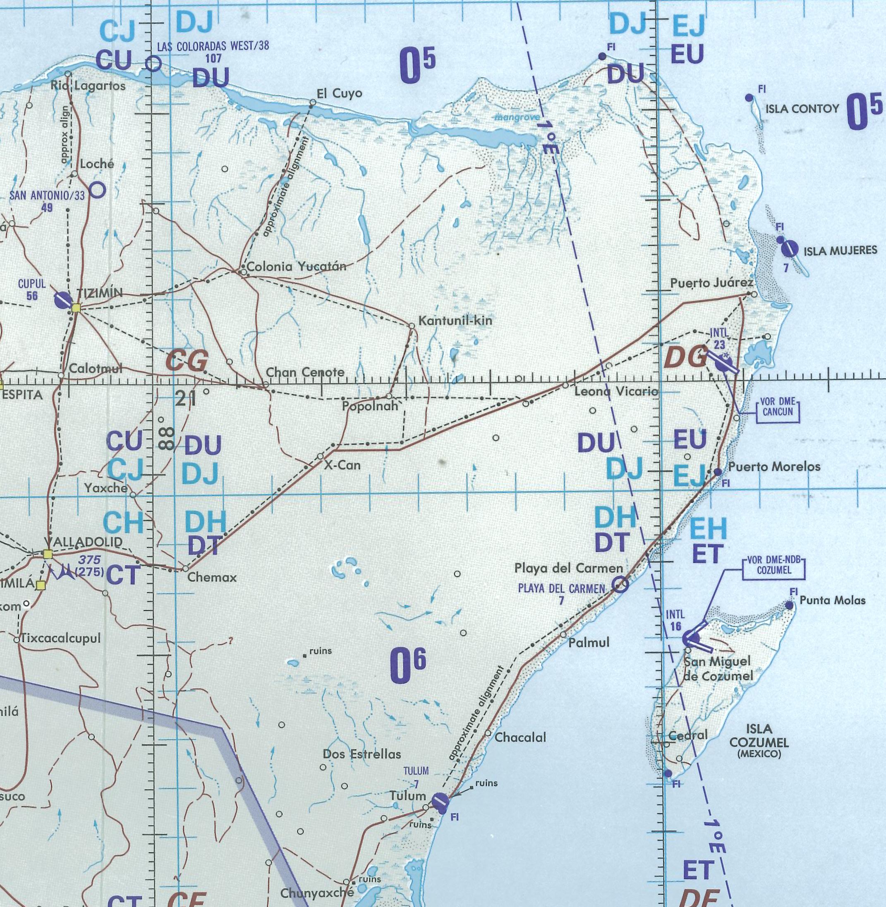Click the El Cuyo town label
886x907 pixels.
click(339, 93)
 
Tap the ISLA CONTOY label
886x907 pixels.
click(802, 109)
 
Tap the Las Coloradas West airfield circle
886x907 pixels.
click(153, 63)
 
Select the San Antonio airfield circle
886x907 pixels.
click(97, 190)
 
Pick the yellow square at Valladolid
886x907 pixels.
click(48, 554)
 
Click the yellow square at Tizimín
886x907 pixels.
click(76, 308)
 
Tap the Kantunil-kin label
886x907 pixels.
click(455, 321)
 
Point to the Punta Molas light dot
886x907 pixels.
click(789, 605)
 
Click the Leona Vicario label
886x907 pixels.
click(616, 391)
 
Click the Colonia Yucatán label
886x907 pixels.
click(297, 267)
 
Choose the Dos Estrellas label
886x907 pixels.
click(362, 754)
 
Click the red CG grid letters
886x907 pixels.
click(187, 361)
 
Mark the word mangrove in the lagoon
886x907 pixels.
click(517, 117)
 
